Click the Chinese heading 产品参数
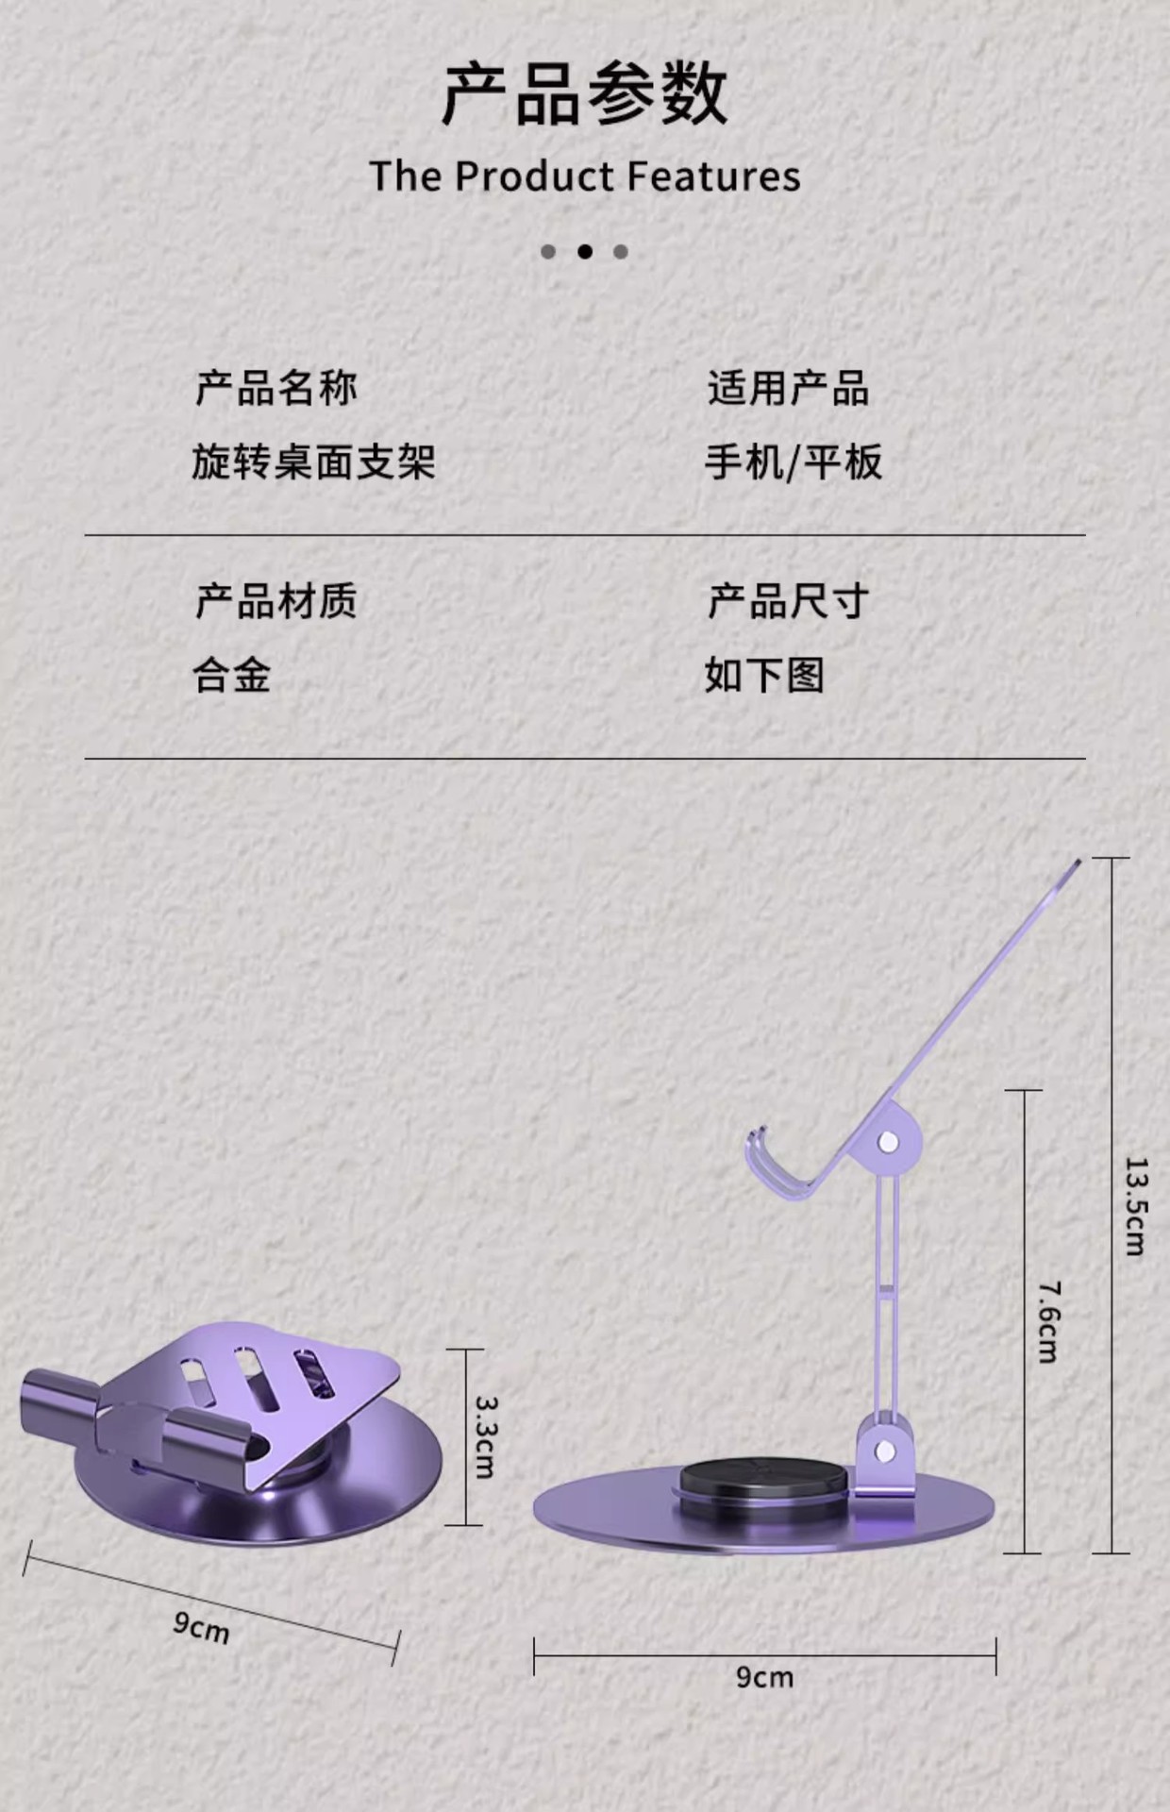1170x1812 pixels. [x=585, y=94]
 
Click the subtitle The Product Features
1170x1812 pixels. [x=585, y=176]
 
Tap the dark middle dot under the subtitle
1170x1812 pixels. [x=585, y=251]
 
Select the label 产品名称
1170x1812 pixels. [x=276, y=388]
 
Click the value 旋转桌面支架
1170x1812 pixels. [x=313, y=462]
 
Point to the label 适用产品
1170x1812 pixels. [x=788, y=388]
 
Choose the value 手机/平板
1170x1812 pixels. [x=793, y=462]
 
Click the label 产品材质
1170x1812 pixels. [x=276, y=601]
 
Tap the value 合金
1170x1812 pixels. [x=232, y=676]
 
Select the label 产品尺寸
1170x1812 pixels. [x=788, y=601]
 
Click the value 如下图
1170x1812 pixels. [x=764, y=676]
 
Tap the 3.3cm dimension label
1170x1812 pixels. [x=485, y=1436]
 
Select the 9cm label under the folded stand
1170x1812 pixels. [x=201, y=1627]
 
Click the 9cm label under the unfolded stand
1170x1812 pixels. [x=764, y=1677]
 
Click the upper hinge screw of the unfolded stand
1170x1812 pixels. [x=887, y=1143]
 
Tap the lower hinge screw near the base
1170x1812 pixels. [x=885, y=1451]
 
